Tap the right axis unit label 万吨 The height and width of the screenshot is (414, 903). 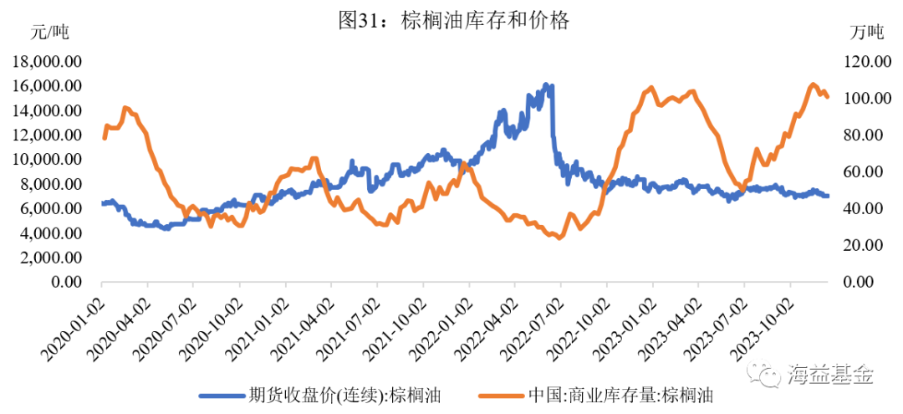(867, 33)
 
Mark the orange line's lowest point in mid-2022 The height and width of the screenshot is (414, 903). (559, 238)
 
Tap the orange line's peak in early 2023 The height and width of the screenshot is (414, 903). (651, 87)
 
